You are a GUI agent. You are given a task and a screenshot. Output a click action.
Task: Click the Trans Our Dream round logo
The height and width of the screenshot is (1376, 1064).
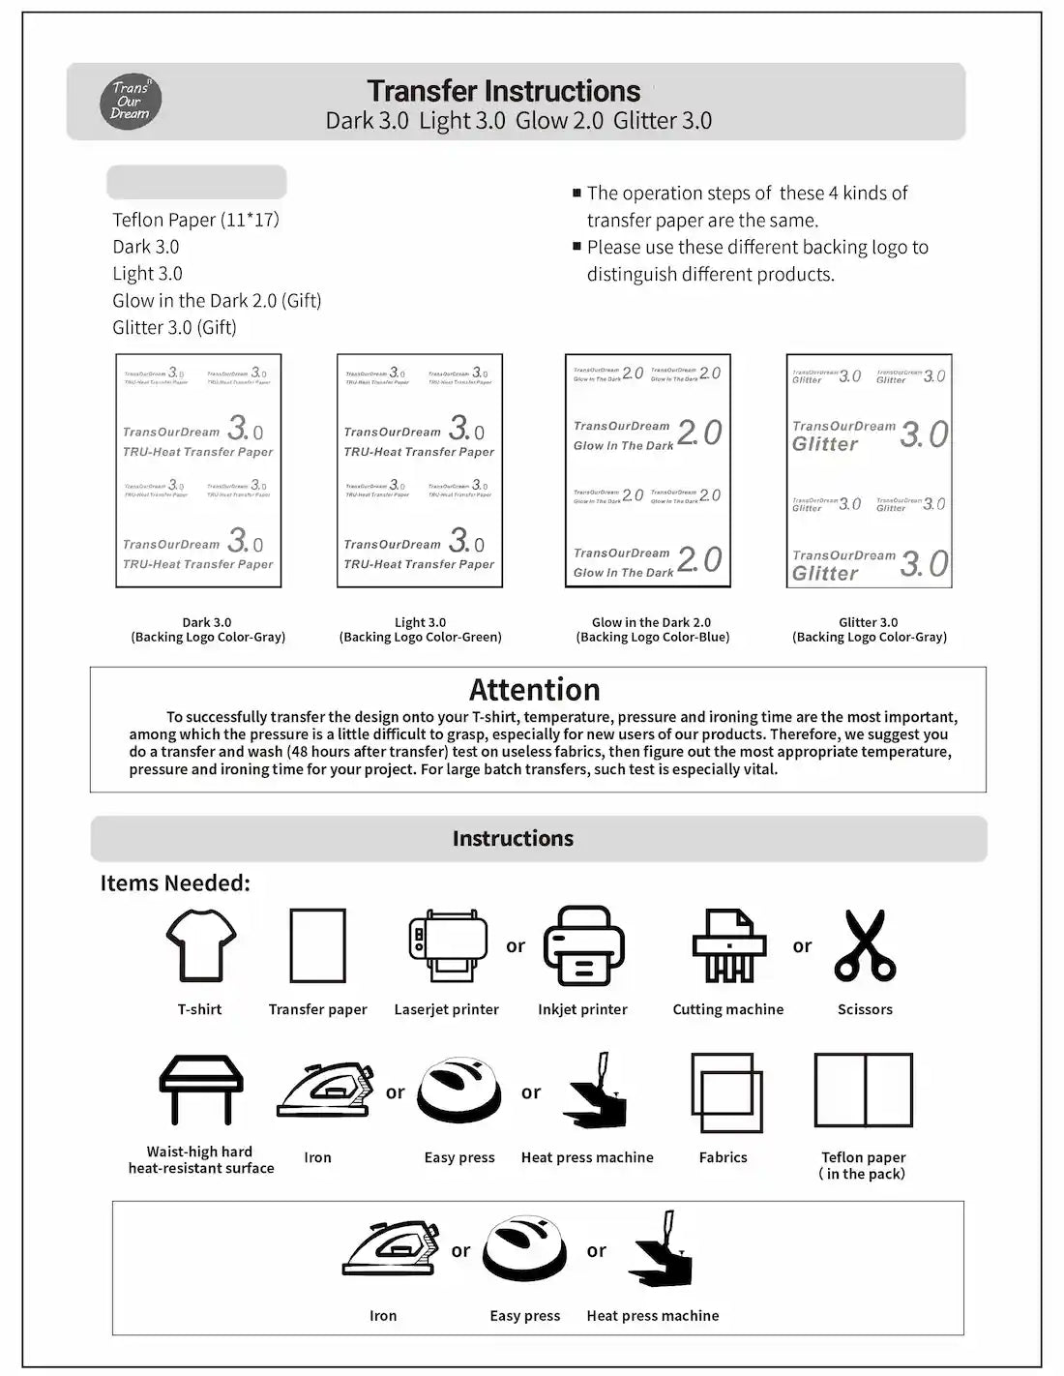click(x=131, y=102)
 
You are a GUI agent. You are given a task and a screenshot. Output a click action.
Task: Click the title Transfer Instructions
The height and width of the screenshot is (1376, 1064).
click(x=503, y=91)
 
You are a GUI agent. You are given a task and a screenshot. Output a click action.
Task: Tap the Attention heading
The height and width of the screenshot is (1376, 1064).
click(x=534, y=690)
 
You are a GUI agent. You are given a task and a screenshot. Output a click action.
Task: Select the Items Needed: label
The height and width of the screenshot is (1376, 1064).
click(x=175, y=883)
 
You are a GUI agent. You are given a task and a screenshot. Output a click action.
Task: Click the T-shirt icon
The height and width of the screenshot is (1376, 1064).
click(x=200, y=945)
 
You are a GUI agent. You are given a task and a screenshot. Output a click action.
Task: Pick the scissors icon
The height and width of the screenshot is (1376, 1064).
click(x=866, y=945)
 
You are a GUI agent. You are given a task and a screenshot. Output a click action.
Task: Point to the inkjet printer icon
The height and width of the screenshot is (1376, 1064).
click(x=583, y=945)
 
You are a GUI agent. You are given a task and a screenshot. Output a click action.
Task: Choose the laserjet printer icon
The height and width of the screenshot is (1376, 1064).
click(x=447, y=945)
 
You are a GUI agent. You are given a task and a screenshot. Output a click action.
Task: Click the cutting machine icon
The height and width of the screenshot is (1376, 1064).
click(x=728, y=945)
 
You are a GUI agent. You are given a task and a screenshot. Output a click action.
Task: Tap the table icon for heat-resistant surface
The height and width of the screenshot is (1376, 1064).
click(x=201, y=1090)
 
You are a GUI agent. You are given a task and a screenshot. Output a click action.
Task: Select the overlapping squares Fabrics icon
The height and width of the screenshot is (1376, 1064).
click(x=726, y=1092)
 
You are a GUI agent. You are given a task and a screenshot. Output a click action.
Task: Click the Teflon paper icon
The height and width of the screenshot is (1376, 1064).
click(x=864, y=1091)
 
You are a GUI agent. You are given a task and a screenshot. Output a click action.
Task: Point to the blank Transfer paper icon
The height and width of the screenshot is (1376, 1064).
click(x=317, y=945)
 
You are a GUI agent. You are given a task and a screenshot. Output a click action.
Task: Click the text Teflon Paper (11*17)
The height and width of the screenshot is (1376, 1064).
click(x=195, y=220)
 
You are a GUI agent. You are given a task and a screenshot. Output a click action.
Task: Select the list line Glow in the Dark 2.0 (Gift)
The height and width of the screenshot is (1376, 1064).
click(x=217, y=301)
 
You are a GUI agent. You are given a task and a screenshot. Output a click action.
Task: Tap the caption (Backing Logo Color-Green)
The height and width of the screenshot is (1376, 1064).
click(x=420, y=638)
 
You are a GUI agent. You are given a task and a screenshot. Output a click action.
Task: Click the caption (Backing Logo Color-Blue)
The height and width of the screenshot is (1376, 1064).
click(x=652, y=638)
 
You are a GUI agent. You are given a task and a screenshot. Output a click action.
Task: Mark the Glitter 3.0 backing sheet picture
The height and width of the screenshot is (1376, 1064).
click(x=869, y=470)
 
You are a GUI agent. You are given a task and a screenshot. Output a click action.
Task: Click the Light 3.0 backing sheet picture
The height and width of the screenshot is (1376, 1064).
click(x=420, y=470)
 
